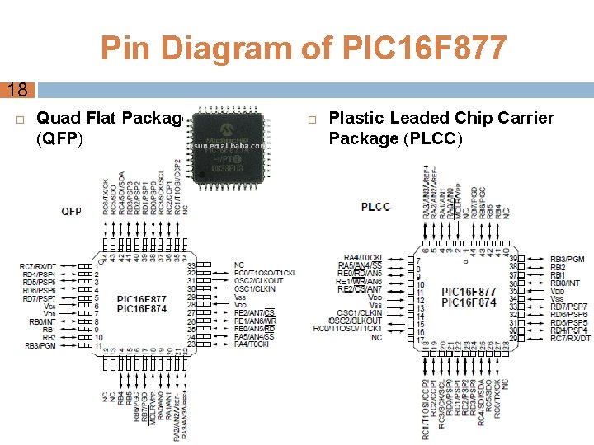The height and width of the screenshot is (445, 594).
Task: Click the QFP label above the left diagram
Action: [71, 212]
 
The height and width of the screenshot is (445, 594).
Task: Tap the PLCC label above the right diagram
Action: [375, 206]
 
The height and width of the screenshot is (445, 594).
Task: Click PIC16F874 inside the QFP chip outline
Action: [142, 309]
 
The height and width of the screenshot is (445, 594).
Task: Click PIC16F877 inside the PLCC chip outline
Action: [469, 293]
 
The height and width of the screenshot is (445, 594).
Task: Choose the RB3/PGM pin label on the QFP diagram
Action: [40, 346]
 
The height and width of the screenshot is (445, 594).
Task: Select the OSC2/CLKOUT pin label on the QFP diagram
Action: [258, 281]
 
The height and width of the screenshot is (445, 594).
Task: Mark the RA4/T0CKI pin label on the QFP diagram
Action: [253, 344]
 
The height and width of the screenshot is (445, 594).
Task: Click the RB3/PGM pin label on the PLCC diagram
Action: [568, 260]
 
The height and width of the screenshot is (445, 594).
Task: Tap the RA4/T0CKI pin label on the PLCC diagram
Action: [363, 258]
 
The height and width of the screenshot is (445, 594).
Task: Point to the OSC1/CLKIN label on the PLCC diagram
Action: [360, 313]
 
